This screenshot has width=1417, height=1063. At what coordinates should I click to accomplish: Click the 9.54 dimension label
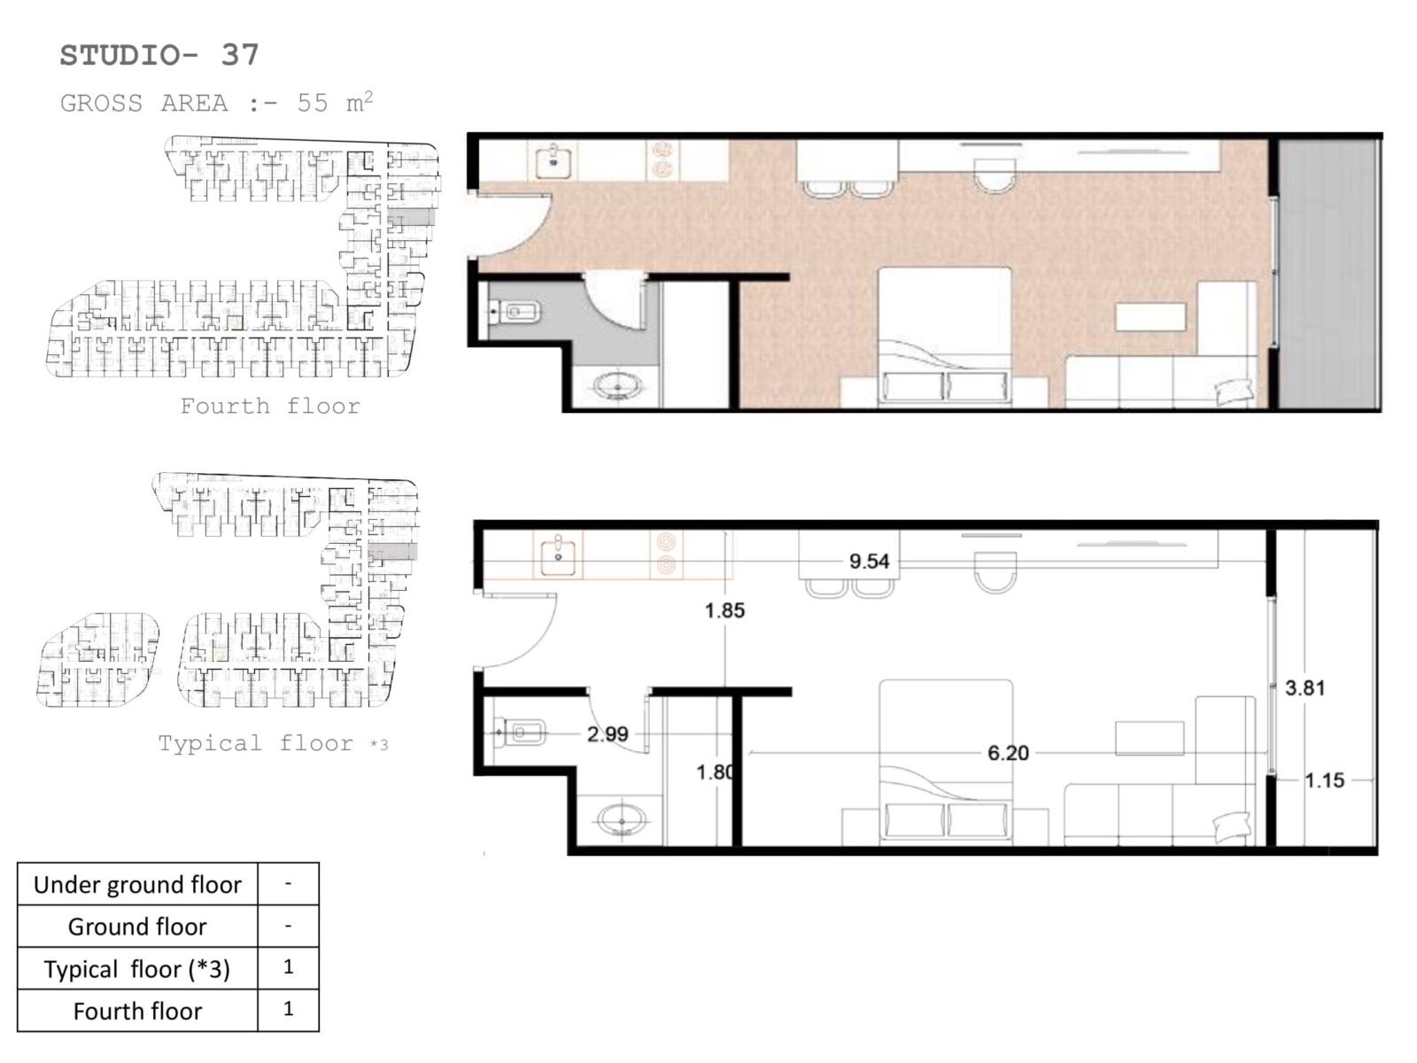pos(869,561)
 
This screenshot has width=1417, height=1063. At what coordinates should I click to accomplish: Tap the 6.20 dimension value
pos(1008,753)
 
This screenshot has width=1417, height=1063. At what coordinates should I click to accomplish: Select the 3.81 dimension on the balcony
pos(1305,687)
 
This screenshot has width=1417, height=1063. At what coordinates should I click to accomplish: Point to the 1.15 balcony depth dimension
pos(1324,780)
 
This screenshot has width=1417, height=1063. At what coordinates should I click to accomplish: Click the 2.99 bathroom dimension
pos(608,733)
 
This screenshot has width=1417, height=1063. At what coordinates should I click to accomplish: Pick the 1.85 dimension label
pos(724,610)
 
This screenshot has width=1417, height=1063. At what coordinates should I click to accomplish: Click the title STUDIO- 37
pos(159,55)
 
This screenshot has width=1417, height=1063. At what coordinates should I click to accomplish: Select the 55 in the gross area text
pos(313,104)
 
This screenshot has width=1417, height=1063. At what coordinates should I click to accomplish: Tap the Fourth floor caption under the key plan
pos(270,406)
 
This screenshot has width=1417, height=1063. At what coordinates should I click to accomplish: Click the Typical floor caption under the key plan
pos(256,743)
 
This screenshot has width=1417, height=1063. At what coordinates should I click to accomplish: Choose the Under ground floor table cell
pos(137,884)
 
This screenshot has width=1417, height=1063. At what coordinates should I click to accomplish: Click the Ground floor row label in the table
pos(137,927)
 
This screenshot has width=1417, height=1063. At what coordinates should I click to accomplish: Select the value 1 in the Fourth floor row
pos(288,1008)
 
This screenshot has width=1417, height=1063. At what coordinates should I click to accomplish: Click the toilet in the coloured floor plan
pos(513,313)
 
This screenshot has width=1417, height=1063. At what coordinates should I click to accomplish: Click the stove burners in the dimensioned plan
pos(666,553)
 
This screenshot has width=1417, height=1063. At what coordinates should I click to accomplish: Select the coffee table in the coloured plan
pos(1150,316)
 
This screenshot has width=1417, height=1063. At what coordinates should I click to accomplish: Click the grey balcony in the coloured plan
pos(1328,275)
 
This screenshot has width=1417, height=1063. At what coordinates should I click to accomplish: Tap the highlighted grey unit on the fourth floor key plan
pos(410,217)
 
